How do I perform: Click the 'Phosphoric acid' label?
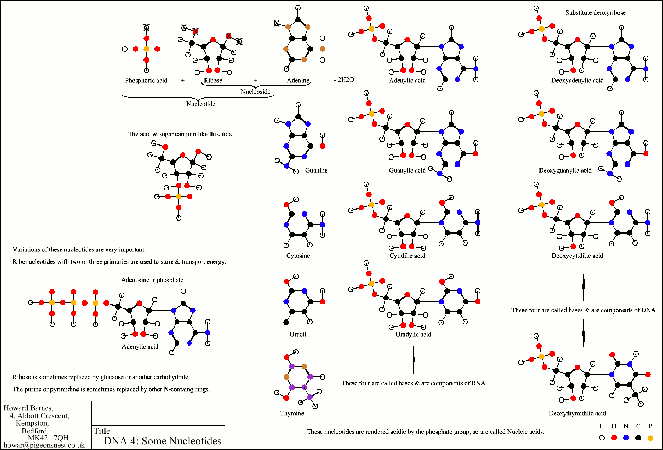(146, 80)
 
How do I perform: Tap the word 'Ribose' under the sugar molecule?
(213, 80)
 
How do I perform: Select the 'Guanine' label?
(316, 170)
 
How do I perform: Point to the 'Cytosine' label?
(298, 256)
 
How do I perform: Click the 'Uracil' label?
(298, 334)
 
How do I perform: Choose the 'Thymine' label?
(292, 413)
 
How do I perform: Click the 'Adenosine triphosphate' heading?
(152, 280)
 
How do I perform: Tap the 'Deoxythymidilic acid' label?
(577, 413)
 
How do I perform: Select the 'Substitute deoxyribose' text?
(595, 12)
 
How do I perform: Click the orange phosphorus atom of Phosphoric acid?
(146, 49)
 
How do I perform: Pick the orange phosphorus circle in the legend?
(650, 438)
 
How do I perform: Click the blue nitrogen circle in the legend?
(626, 438)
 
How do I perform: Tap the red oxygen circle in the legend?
(614, 438)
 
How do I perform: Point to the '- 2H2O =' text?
(346, 79)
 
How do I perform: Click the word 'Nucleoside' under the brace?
(256, 92)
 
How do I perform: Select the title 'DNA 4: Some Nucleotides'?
(163, 441)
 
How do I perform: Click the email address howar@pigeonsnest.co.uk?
(44, 445)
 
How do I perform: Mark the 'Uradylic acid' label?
(413, 334)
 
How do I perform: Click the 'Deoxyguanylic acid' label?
(565, 170)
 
